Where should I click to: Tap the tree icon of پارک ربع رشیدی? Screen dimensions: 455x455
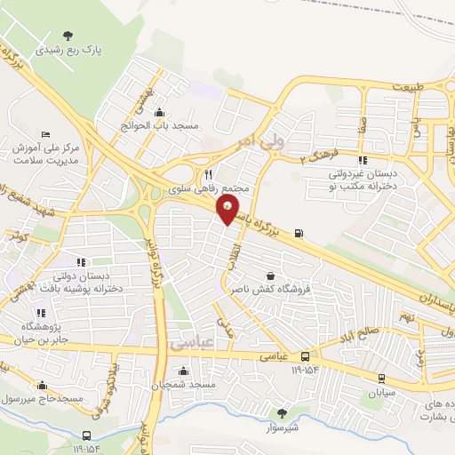pos(68,36)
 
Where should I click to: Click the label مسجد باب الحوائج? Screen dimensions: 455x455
pos(161,126)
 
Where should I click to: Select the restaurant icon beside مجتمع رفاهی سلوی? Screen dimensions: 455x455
pos(208,174)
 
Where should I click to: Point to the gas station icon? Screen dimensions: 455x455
pos(298,235)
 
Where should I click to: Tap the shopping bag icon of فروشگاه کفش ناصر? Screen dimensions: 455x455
pos(270,275)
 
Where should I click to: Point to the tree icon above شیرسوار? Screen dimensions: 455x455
pos(282,412)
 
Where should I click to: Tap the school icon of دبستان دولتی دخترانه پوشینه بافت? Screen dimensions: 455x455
pos(80,262)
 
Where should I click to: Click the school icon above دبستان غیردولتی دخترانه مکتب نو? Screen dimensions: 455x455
pos(362,160)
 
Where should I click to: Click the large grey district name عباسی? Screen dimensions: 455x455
pos(188,341)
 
